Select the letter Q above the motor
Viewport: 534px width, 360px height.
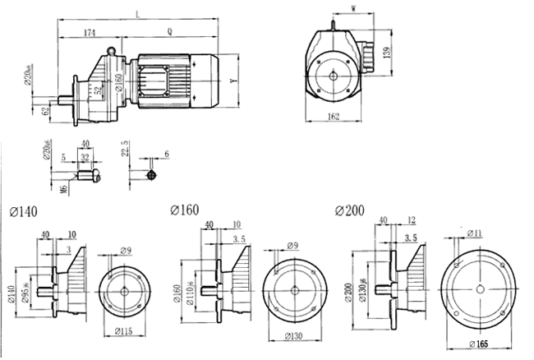click(168, 33)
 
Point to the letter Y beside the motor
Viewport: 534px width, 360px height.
click(234, 81)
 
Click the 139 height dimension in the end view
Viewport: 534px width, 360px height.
click(386, 56)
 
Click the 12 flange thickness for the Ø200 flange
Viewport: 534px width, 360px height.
click(411, 220)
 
